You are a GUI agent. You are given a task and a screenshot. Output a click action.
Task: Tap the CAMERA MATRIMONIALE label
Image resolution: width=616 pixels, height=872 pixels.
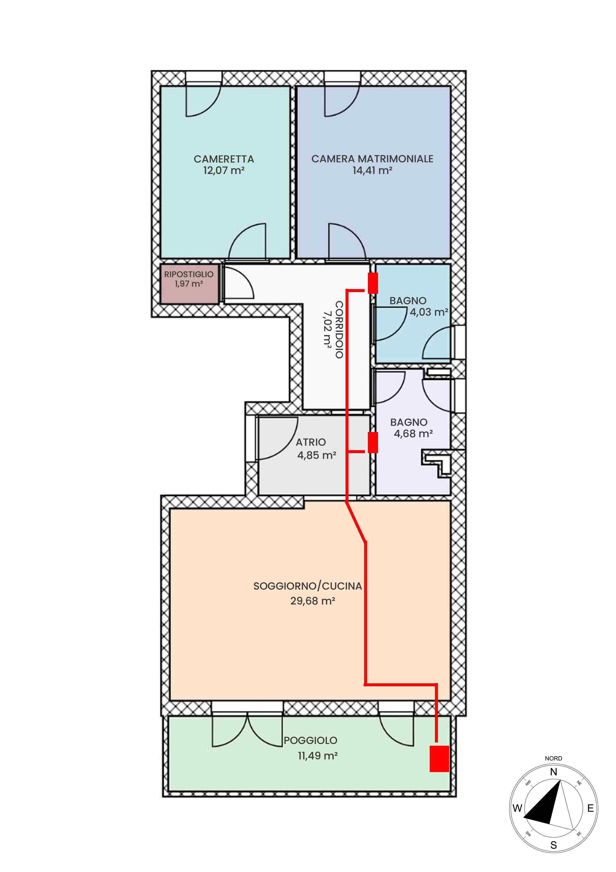pyautogui.click(x=372, y=159)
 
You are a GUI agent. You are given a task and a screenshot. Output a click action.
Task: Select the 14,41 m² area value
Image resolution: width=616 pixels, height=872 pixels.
pyautogui.click(x=372, y=171)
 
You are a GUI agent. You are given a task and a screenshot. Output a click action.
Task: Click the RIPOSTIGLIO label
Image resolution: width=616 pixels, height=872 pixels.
pyautogui.click(x=189, y=274)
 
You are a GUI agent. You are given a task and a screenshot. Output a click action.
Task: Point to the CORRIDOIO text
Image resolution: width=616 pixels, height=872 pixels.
pyautogui.click(x=339, y=330)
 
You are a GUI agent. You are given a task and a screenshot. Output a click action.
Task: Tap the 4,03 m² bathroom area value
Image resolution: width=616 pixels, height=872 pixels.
pyautogui.click(x=429, y=312)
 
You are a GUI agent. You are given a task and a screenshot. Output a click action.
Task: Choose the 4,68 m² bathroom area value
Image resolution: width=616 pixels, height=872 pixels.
pyautogui.click(x=413, y=434)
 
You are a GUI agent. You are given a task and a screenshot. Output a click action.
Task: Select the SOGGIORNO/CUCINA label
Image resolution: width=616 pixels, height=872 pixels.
pyautogui.click(x=308, y=586)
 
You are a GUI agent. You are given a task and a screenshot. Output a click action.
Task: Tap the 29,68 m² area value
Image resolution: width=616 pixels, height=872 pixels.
pyautogui.click(x=313, y=601)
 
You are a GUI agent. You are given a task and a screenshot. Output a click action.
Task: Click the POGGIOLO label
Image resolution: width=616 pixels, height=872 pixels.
pyautogui.click(x=310, y=740)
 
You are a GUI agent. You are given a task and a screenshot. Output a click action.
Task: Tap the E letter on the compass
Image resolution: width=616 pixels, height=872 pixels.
pyautogui.click(x=591, y=808)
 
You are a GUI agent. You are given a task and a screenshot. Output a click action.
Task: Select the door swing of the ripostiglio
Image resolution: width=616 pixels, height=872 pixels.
pyautogui.click(x=238, y=283)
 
